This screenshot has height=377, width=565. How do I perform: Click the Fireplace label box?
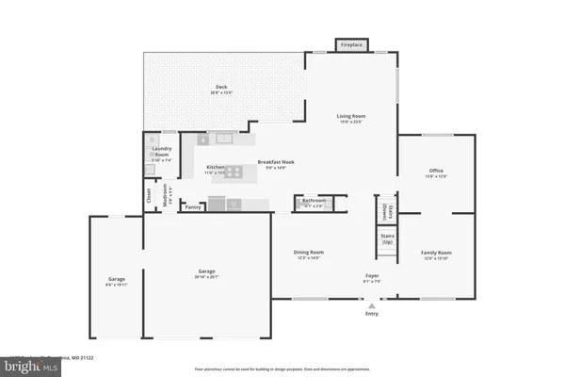(x=352, y=44)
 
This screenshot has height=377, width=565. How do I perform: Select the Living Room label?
(x=351, y=117)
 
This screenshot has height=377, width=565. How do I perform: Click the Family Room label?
(x=436, y=254)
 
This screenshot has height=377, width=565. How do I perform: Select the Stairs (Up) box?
(x=386, y=239)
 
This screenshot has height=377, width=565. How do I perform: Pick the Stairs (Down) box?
(x=386, y=208)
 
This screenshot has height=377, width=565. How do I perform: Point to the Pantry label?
(x=193, y=207)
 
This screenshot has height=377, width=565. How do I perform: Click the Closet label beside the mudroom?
(x=149, y=195)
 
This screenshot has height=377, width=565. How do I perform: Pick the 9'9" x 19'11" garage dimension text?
(x=116, y=283)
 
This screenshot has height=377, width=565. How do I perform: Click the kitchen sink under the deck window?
(x=223, y=139)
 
